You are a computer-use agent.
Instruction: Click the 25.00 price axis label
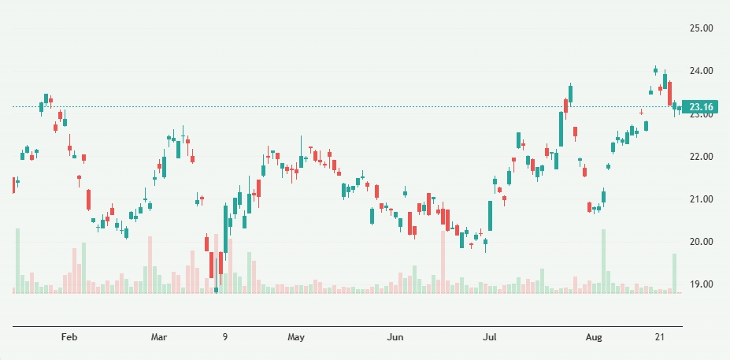click(701, 28)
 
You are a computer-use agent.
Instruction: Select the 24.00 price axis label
click(701, 71)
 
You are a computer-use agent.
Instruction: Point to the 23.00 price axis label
click(701, 114)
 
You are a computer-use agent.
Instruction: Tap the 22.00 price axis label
click(701, 157)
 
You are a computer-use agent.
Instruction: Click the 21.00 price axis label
click(701, 199)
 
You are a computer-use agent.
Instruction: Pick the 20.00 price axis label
click(701, 242)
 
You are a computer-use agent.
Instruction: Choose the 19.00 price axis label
click(701, 284)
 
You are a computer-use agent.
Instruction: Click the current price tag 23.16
click(700, 107)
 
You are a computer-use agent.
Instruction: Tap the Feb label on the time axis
click(69, 337)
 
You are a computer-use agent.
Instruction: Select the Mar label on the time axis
click(159, 337)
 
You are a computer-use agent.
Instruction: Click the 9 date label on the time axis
click(225, 337)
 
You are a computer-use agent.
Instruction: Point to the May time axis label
click(296, 337)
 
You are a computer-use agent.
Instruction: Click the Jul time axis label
click(490, 337)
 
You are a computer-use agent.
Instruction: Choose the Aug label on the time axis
click(594, 337)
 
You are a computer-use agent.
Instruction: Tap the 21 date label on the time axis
click(661, 337)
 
